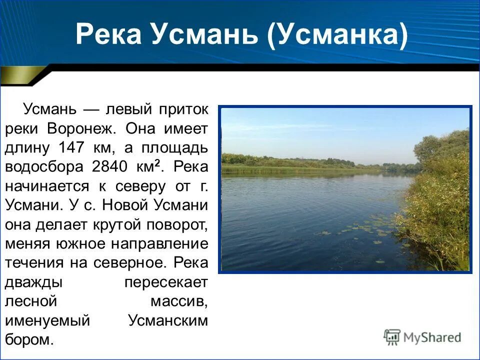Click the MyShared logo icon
[392, 337]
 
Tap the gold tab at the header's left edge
[20, 76]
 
